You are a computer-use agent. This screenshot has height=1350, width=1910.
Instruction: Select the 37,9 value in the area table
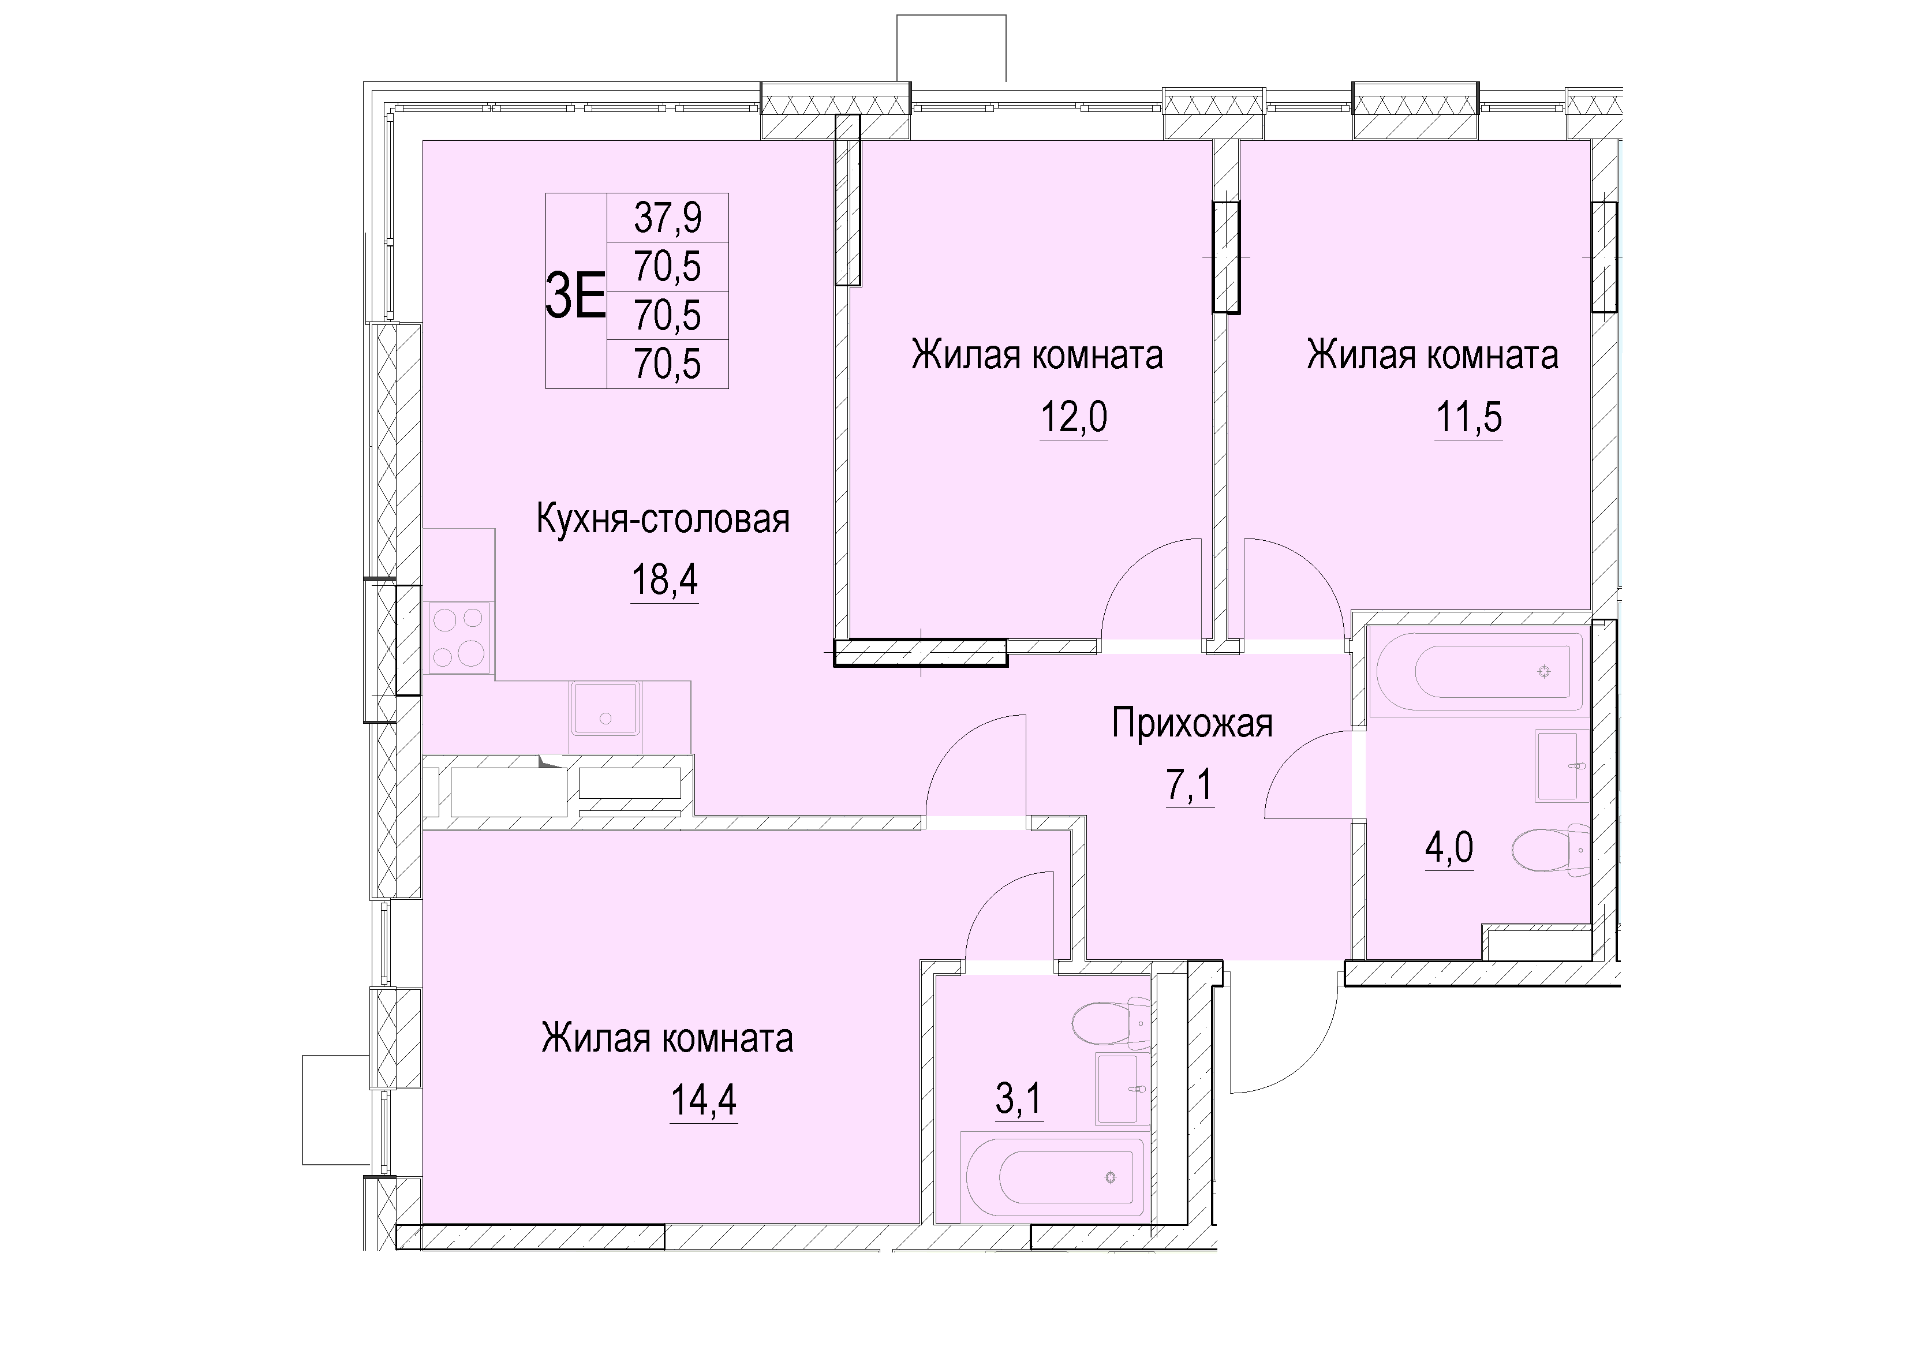point(668,218)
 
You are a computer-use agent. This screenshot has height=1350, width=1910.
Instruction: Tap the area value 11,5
point(1469,417)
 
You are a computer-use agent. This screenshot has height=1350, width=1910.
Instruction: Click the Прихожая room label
point(1192,724)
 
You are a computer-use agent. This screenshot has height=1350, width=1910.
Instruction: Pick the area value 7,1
point(1190,784)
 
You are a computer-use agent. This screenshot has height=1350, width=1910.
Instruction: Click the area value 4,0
point(1449,848)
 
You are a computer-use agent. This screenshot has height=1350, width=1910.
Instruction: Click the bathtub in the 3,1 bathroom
point(1054,1177)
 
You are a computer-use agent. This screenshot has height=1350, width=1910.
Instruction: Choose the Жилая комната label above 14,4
point(667,1039)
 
